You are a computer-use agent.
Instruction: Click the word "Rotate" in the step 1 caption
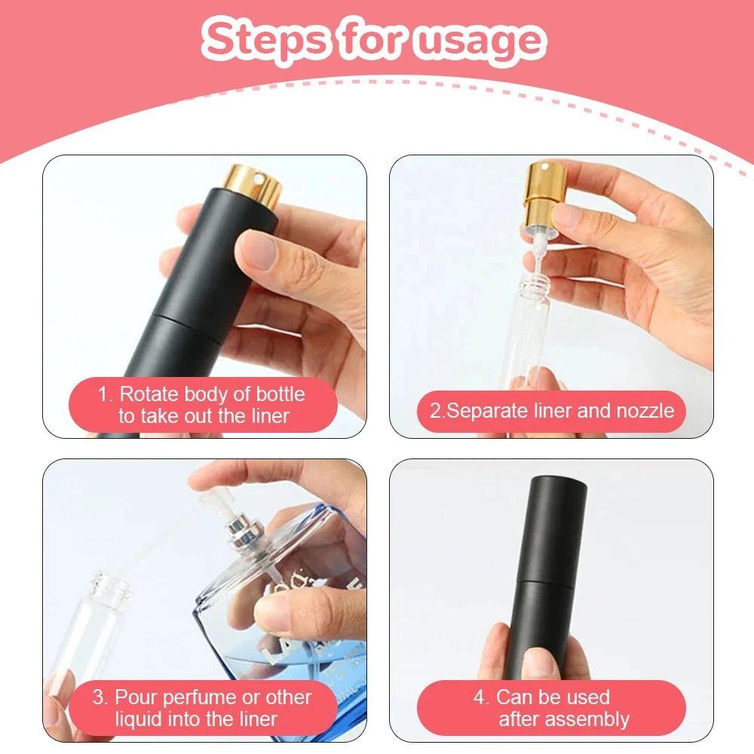click(x=149, y=394)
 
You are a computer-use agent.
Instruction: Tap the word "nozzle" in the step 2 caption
click(x=645, y=411)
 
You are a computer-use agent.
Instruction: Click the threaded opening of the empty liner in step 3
click(x=111, y=584)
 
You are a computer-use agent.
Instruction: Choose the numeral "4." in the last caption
click(x=481, y=697)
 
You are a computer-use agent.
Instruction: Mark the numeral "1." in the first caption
click(x=105, y=394)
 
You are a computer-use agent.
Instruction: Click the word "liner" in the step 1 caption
click(x=270, y=416)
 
